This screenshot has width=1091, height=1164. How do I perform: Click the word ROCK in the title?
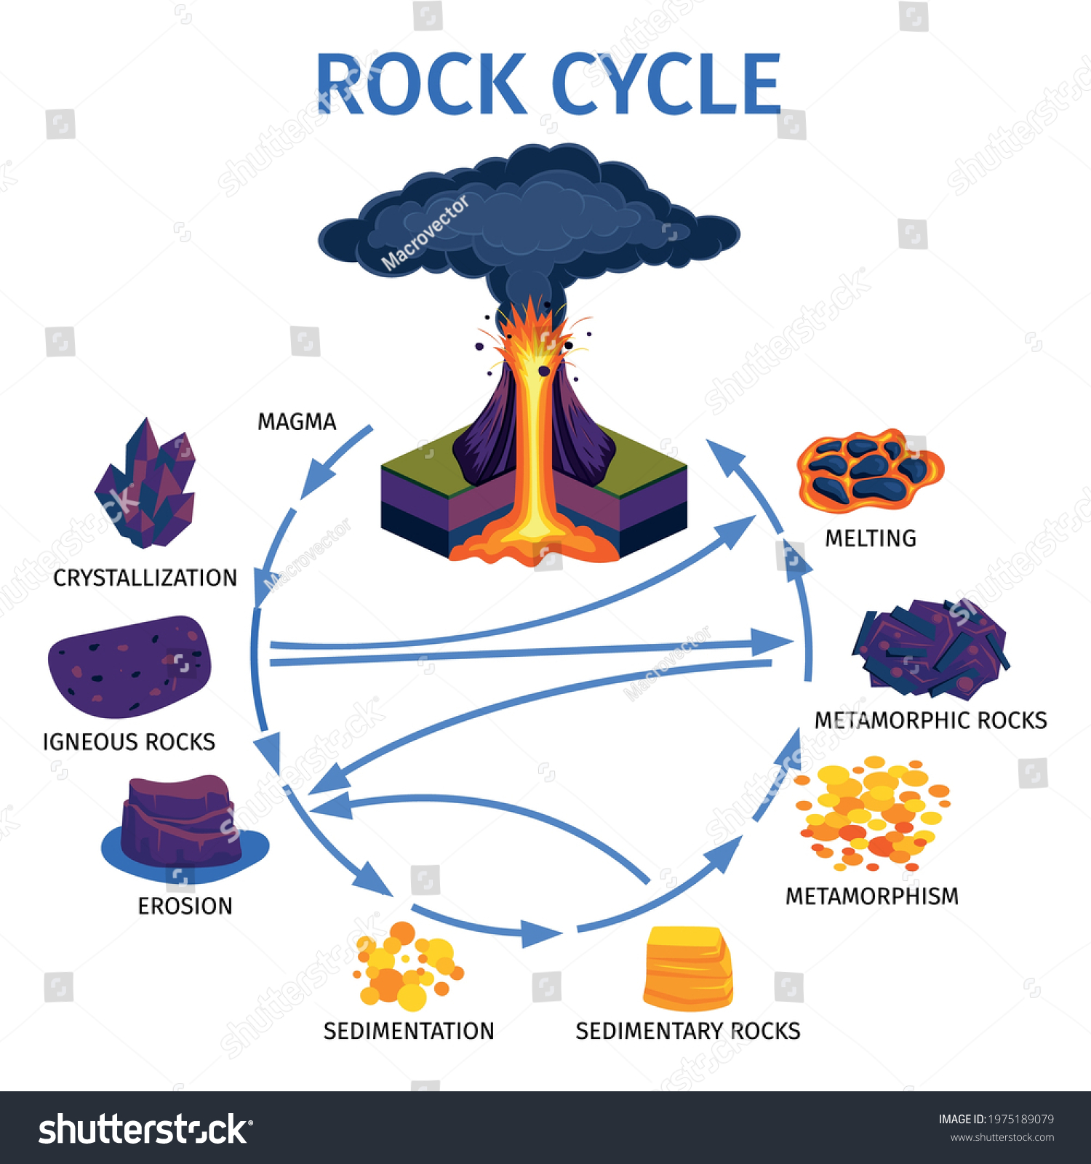420,84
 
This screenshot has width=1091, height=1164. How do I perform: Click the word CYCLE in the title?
666,84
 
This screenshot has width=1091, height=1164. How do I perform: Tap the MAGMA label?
297,422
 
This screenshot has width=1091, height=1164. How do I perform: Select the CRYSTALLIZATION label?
145,578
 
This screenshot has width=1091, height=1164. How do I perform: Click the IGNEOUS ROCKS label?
129,742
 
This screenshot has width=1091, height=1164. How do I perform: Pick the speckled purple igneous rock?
129,666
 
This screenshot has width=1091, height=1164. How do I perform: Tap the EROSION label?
185,906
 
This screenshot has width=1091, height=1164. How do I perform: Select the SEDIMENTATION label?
409,1031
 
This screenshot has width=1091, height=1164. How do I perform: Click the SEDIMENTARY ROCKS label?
687,1031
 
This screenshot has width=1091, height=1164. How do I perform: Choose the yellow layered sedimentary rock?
687,968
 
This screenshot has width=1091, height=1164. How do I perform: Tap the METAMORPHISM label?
872,896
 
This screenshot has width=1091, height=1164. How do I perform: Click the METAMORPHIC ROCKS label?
930,720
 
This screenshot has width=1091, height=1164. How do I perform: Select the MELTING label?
871,538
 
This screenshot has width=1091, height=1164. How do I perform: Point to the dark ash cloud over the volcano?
529,218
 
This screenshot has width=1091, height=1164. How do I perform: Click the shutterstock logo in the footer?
145,1129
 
